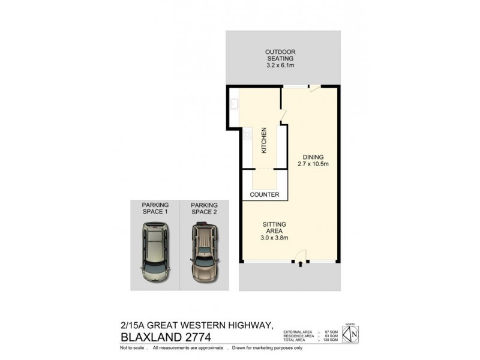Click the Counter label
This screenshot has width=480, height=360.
(x=265, y=195)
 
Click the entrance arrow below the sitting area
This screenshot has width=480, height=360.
(x=300, y=263)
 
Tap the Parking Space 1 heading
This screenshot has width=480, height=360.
(x=155, y=208)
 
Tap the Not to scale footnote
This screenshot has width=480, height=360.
(x=133, y=348)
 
